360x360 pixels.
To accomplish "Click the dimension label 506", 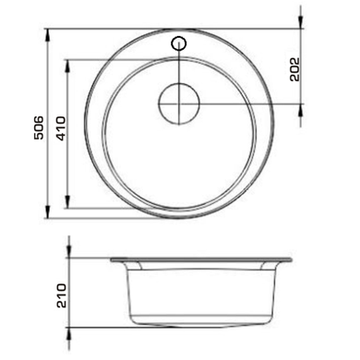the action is pos(39,127).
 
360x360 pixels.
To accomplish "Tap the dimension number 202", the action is pos(294,69).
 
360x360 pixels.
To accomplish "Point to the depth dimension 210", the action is pos(61,295).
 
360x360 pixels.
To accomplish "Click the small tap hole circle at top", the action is pos(179,44).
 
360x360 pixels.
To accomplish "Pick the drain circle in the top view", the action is pos(179,103).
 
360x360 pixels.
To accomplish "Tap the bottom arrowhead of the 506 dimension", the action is pos(48,211).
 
